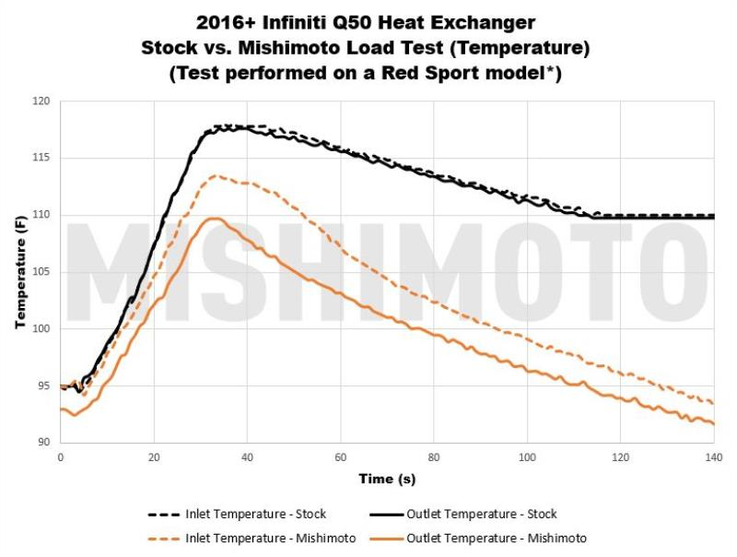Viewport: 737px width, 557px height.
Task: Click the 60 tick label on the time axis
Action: coord(340,456)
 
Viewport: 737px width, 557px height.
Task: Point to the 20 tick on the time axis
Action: coord(154,456)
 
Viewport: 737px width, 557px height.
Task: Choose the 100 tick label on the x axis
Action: coord(527,456)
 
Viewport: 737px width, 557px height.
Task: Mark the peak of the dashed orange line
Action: coord(215,175)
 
